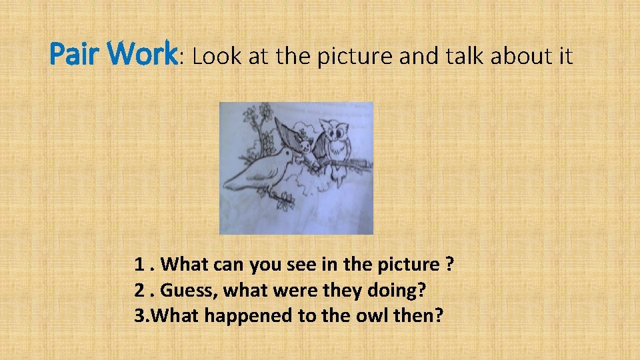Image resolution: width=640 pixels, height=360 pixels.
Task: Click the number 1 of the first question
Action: [140, 265]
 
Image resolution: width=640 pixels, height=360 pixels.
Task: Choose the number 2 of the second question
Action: [140, 290]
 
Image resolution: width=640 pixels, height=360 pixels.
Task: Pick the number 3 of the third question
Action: [139, 315]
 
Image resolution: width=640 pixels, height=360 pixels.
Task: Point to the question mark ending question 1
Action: [451, 265]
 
